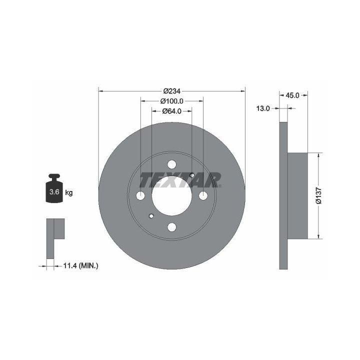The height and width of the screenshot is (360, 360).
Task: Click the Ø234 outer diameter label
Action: click(171, 91)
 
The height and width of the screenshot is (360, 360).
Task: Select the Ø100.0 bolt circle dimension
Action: click(171, 101)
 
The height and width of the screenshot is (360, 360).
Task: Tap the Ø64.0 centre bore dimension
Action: click(171, 111)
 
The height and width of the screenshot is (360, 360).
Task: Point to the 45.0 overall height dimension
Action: click(292, 95)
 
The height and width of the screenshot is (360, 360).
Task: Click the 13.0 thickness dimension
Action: click(263, 108)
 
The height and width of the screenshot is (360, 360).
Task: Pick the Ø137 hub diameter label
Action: click(319, 195)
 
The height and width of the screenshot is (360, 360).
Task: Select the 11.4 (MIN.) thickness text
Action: click(81, 266)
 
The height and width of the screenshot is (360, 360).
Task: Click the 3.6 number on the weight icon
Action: click(54, 191)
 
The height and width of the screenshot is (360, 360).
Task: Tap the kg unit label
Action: click(69, 192)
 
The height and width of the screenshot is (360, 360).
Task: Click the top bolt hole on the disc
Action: click(171, 164)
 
